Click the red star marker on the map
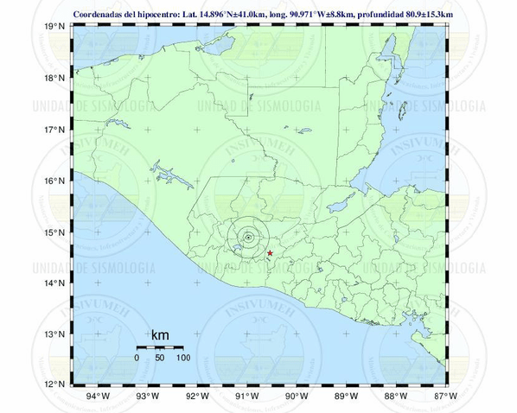click(271, 253)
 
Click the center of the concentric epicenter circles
click(248, 237)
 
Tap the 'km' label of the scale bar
click(160, 334)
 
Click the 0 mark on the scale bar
click(137, 357)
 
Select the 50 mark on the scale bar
click(159, 357)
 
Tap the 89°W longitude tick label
click(346, 397)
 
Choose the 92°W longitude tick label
click(197, 397)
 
